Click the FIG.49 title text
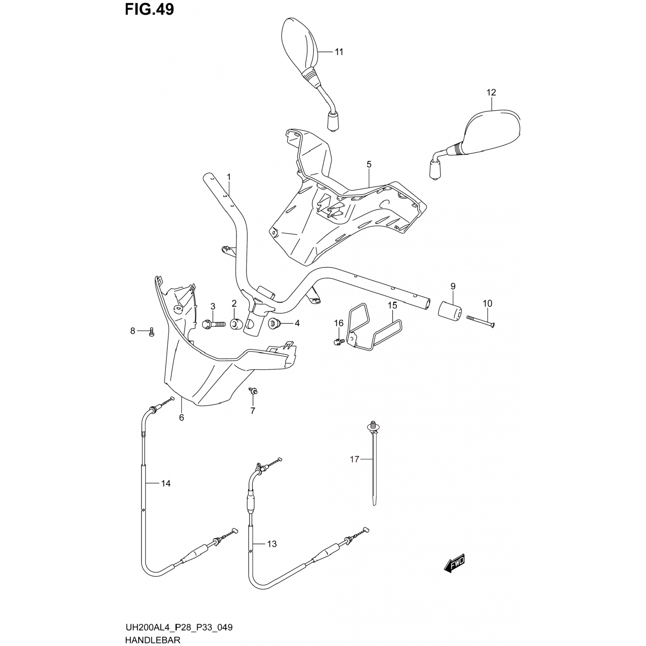click(149, 9)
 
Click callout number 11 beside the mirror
click(339, 52)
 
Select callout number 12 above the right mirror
click(491, 93)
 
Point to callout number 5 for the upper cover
click(369, 164)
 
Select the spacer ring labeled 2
click(235, 324)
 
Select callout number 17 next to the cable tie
click(354, 460)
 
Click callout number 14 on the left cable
click(166, 484)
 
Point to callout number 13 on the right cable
click(271, 544)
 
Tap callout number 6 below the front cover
click(181, 417)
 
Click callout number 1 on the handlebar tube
click(229, 177)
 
